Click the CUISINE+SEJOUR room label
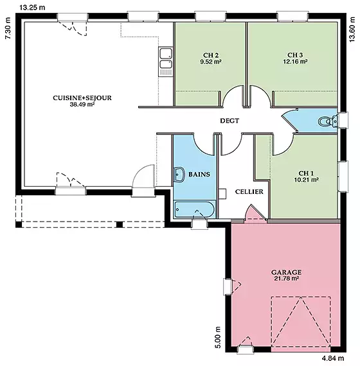click(82, 98)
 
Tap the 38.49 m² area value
click(82, 104)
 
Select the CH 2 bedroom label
click(211, 55)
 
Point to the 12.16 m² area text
click(295, 62)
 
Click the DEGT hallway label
click(230, 121)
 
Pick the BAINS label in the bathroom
click(199, 175)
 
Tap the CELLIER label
click(249, 191)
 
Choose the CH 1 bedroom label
click(306, 173)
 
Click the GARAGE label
click(286, 272)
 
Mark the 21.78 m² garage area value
click(286, 279)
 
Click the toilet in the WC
click(327, 121)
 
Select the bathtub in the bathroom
click(194, 209)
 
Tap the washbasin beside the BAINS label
click(179, 175)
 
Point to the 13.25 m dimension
click(32, 8)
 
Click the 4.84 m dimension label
click(333, 358)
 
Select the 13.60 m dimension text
click(352, 29)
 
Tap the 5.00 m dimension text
click(218, 337)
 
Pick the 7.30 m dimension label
click(8, 28)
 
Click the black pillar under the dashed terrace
click(120, 224)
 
